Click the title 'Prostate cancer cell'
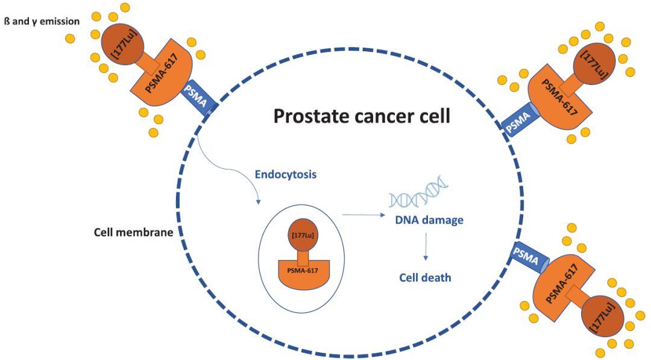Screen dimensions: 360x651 pyautogui.click(x=362, y=115)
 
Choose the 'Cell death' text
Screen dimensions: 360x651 pyautogui.click(x=425, y=278)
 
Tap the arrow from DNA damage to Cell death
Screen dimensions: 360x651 pyautogui.click(x=426, y=247)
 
